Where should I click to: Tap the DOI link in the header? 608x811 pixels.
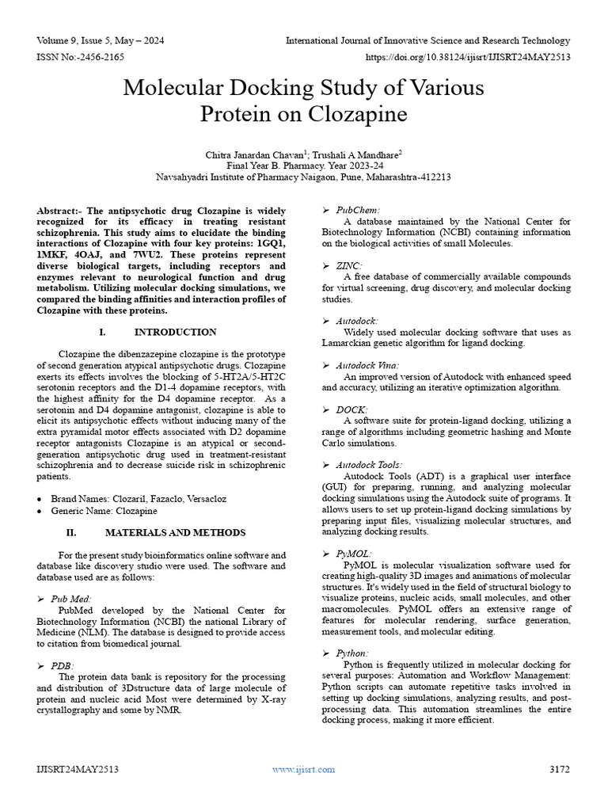(x=468, y=58)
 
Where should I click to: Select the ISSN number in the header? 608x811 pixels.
(x=78, y=58)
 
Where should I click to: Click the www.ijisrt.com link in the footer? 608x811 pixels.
(x=303, y=769)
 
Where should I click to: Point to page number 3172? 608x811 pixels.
(x=559, y=769)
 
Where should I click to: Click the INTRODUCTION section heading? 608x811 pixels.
(x=175, y=332)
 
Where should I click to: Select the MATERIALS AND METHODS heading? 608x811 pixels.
(x=175, y=533)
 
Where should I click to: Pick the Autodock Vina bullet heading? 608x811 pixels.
(x=367, y=365)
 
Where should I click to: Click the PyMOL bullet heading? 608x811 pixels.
(x=353, y=554)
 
